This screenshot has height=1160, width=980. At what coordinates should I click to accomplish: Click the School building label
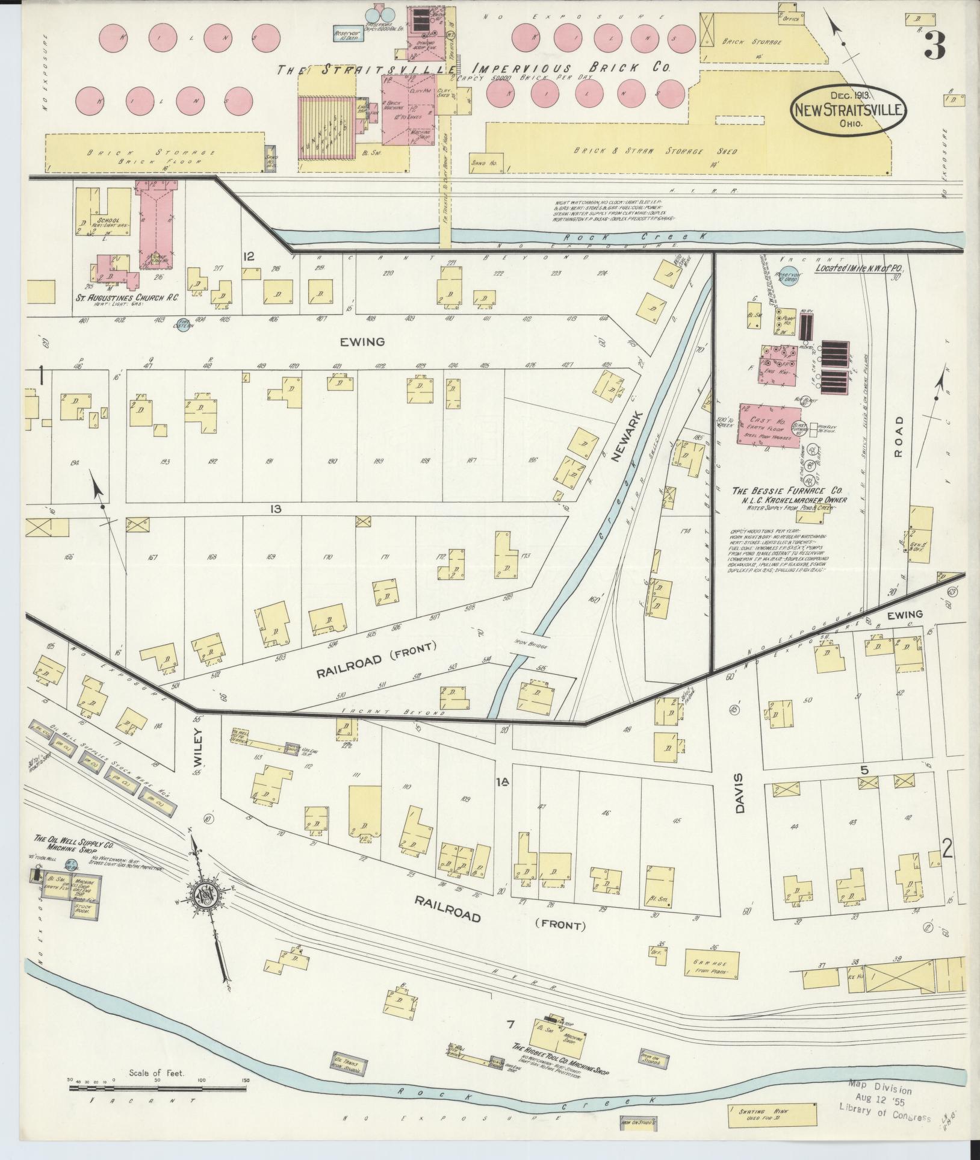(x=107, y=221)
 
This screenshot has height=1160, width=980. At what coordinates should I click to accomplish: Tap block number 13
(x=276, y=509)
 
